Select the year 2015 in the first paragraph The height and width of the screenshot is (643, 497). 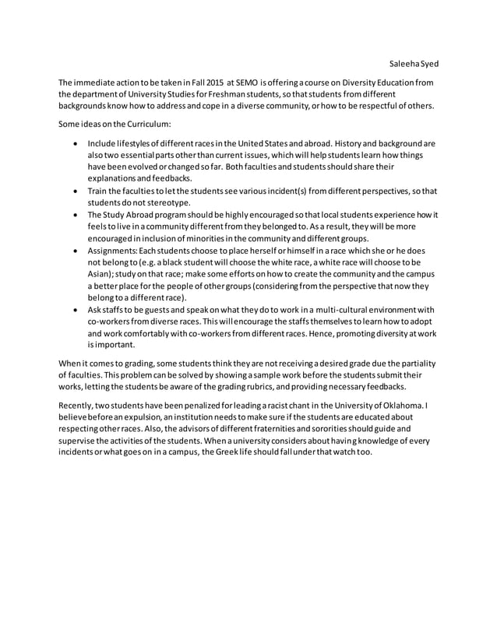[209, 83]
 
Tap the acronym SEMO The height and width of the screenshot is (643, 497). [245, 83]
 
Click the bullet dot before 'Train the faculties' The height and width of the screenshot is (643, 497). [74, 191]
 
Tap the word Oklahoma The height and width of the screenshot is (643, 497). [398, 406]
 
